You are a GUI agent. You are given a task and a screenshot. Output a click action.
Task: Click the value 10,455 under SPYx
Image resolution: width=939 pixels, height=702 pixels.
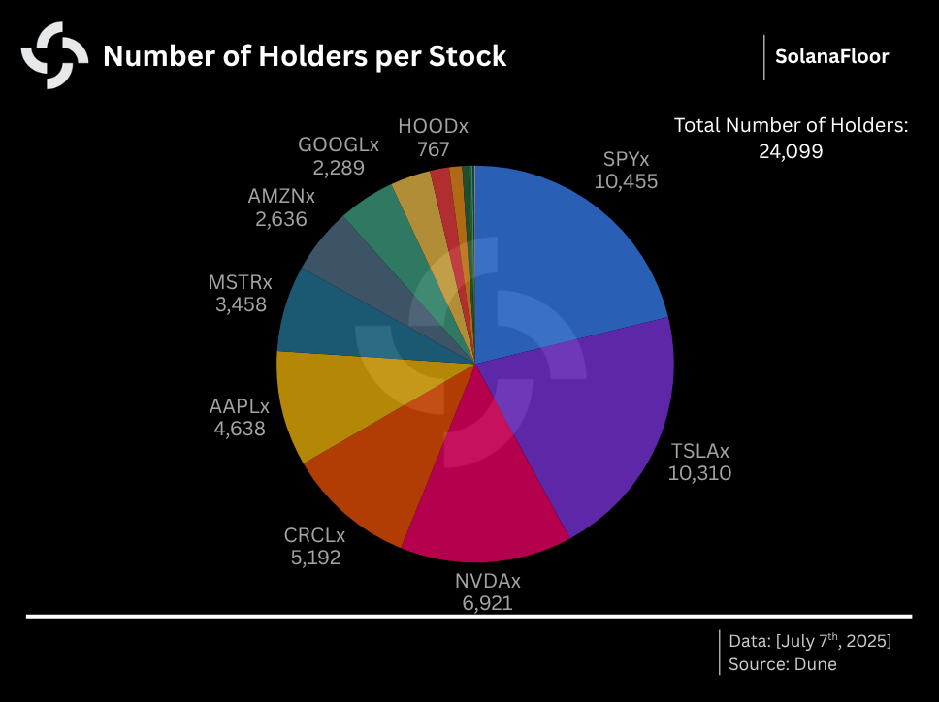(626, 181)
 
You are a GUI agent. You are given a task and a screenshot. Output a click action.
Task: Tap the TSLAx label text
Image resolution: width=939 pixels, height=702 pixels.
(699, 451)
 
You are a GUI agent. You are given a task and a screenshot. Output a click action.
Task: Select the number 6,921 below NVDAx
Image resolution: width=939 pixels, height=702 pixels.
(487, 603)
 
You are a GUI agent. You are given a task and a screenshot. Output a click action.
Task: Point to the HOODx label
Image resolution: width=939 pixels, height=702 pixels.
(433, 127)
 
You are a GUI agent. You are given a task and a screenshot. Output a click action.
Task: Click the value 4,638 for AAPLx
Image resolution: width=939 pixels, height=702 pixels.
(240, 428)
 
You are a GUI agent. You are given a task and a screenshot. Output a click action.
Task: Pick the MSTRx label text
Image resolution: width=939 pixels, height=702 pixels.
(240, 283)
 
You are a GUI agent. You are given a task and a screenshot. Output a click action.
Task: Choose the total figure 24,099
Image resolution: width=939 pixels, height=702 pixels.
(791, 151)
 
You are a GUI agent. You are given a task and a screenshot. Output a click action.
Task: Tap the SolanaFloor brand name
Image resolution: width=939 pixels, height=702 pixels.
(831, 56)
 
